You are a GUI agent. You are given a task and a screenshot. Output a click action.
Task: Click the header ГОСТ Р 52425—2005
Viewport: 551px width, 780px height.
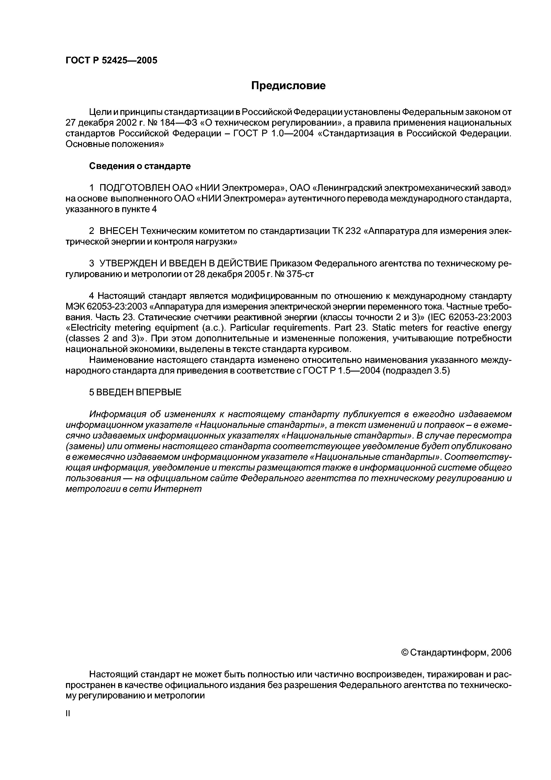click(111, 60)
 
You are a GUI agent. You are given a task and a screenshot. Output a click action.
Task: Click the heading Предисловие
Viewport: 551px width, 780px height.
click(288, 86)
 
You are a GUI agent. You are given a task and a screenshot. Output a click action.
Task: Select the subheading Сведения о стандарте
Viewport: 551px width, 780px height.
click(140, 166)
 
